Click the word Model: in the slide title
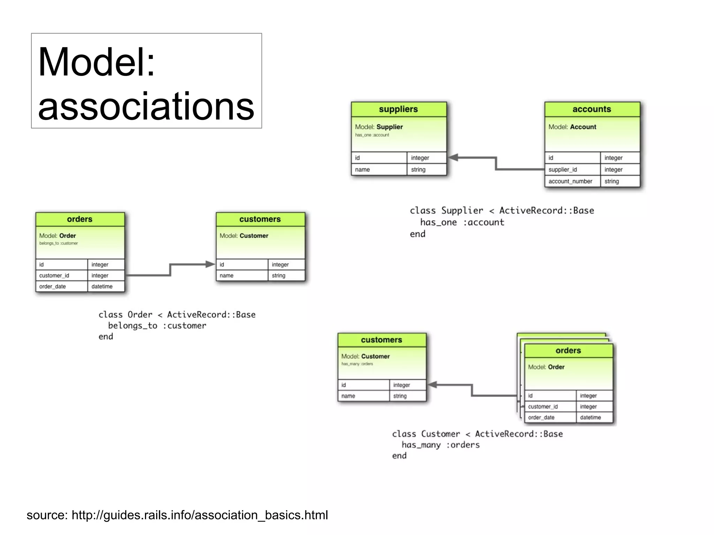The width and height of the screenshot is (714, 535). pyautogui.click(x=96, y=62)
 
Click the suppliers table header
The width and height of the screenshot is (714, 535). pyautogui.click(x=398, y=109)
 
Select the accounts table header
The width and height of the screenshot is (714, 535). pyautogui.click(x=592, y=109)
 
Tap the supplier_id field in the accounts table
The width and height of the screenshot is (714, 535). pyautogui.click(x=563, y=169)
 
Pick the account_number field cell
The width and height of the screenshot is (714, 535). pyautogui.click(x=570, y=181)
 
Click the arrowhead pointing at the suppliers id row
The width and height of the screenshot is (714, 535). pyautogui.click(x=453, y=158)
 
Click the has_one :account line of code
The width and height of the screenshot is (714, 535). pyautogui.click(x=462, y=222)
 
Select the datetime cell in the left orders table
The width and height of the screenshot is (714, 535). pyautogui.click(x=102, y=286)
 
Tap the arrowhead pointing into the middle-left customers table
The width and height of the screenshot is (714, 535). pyautogui.click(x=210, y=264)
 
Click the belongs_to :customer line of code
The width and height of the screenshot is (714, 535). pyautogui.click(x=157, y=326)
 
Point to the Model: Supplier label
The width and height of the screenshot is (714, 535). pyautogui.click(x=379, y=127)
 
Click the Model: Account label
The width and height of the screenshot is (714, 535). pyautogui.click(x=572, y=127)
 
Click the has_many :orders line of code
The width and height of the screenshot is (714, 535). pyautogui.click(x=440, y=445)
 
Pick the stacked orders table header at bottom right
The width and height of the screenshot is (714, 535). pyautogui.click(x=568, y=351)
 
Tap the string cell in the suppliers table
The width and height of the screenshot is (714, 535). pyautogui.click(x=418, y=169)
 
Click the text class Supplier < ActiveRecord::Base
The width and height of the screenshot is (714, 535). pyautogui.click(x=502, y=211)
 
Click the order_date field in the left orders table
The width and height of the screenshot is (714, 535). pyautogui.click(x=53, y=286)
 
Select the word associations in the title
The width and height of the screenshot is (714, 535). pyautogui.click(x=146, y=106)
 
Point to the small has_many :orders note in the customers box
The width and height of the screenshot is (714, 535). pyautogui.click(x=357, y=364)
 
